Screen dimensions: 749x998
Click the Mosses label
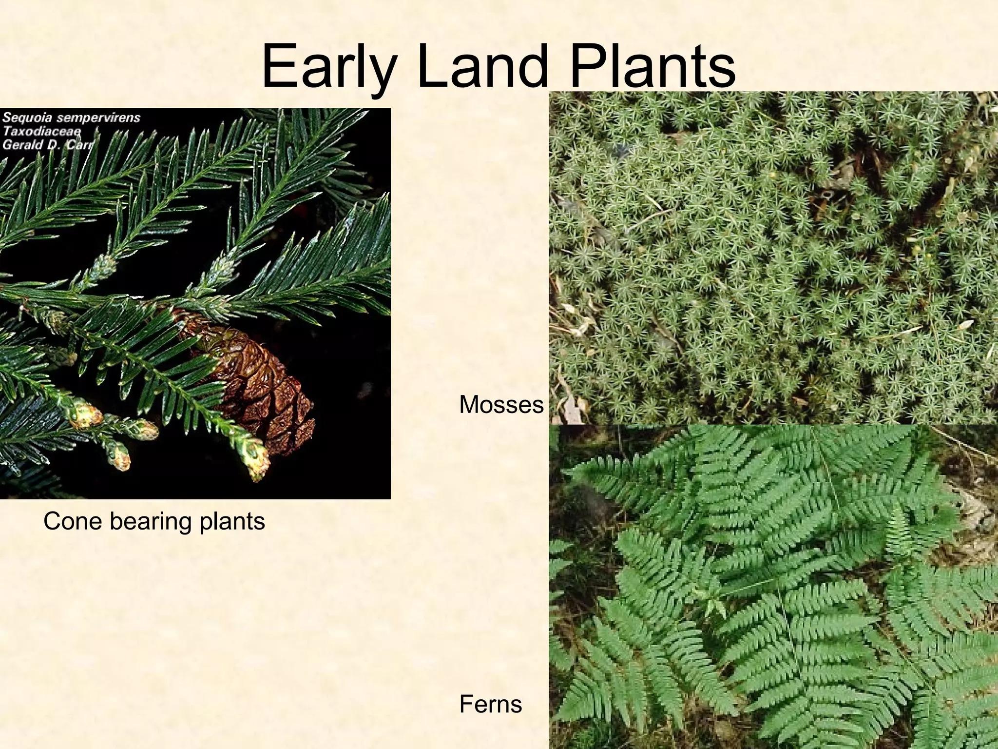(501, 405)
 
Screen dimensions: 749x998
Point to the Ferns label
(490, 704)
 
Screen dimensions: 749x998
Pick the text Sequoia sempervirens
(71, 118)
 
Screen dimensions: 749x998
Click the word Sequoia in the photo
(27, 118)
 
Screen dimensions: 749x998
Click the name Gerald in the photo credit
(22, 144)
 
